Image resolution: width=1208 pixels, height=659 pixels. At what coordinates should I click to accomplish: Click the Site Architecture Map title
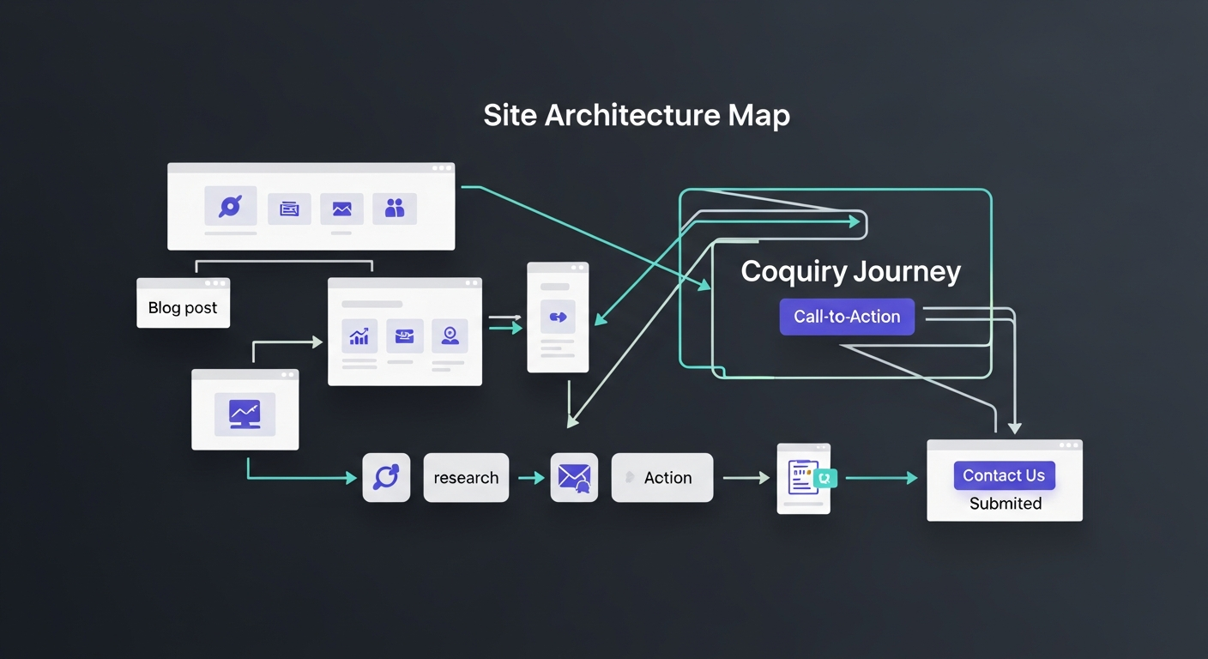tap(636, 116)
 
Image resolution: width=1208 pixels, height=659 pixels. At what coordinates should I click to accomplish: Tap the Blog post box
tap(183, 307)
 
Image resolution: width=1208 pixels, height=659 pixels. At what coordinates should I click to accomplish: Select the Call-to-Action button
tap(847, 317)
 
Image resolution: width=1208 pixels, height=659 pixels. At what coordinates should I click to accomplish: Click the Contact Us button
tap(1004, 475)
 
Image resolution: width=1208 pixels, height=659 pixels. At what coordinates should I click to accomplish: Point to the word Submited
tap(1006, 504)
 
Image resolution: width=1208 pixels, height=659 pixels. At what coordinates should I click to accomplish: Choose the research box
tap(466, 478)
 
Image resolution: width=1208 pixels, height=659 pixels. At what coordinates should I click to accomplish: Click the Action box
tap(661, 478)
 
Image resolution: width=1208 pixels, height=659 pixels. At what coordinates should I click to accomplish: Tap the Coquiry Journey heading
tap(850, 272)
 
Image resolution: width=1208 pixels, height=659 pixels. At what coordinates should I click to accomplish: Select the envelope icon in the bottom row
tap(573, 477)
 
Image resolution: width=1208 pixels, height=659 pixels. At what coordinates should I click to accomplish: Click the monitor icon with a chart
tap(245, 414)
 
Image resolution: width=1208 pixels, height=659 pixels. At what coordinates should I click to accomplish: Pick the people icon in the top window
tap(395, 208)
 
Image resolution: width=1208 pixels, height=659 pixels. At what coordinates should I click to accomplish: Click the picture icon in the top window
tap(341, 209)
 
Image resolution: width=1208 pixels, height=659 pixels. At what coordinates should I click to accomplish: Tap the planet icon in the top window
tap(230, 207)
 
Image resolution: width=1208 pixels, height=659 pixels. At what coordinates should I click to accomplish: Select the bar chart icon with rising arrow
tap(359, 336)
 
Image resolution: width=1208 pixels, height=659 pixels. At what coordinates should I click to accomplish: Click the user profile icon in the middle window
tap(450, 336)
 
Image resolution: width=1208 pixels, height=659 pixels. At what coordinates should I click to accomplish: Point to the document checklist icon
tap(803, 477)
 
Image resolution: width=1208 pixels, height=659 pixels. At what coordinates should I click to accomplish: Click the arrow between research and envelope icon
tap(531, 478)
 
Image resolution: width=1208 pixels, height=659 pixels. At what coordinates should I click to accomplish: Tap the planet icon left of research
tap(386, 477)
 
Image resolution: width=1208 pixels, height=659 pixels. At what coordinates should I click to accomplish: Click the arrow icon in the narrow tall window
tap(558, 317)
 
